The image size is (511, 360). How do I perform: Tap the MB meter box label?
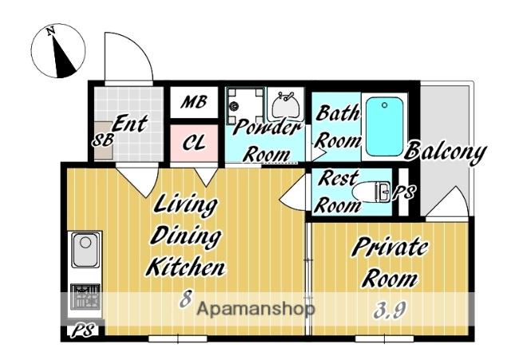[194, 102]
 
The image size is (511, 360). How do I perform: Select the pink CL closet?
[194, 143]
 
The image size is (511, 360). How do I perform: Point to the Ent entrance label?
[129, 124]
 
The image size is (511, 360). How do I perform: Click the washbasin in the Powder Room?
[286, 105]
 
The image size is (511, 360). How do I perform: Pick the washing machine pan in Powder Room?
[245, 105]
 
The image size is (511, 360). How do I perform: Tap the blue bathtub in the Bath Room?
[384, 127]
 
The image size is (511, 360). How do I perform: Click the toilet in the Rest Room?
[372, 192]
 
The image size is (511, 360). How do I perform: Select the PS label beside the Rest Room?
[403, 192]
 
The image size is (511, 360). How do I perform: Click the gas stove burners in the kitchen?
[85, 296]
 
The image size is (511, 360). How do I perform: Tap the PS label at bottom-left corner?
[83, 330]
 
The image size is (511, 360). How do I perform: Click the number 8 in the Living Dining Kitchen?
[185, 298]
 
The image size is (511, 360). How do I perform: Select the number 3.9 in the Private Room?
[389, 311]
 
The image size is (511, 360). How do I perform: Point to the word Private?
[390, 248]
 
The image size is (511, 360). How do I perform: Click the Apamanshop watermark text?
[255, 309]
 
